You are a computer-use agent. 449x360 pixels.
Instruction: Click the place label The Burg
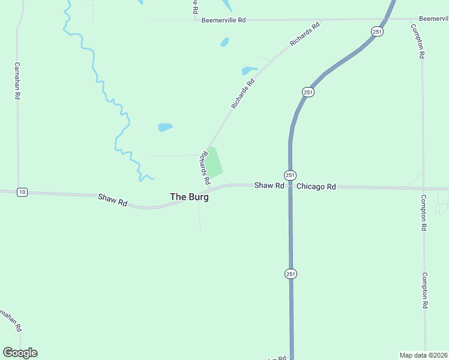[189, 197]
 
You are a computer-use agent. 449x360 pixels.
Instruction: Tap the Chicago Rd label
[316, 187]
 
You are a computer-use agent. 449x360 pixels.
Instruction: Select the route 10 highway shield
[22, 192]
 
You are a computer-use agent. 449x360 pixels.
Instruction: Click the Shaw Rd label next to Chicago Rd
[268, 186]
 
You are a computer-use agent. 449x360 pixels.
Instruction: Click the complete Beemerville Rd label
[223, 20]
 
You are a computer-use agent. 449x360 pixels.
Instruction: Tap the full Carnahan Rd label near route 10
[17, 81]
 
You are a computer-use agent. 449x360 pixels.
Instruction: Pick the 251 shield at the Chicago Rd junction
[290, 175]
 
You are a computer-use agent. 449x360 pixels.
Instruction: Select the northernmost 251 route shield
[376, 32]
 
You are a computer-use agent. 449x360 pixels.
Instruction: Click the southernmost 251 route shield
[290, 274]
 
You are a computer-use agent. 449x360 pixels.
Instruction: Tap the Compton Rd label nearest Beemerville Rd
[418, 41]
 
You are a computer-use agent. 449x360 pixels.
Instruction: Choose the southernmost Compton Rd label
[424, 290]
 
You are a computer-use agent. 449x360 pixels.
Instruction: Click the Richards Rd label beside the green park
[205, 167]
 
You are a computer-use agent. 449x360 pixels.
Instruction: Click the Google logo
[20, 353]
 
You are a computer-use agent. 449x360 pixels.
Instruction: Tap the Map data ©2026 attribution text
[424, 355]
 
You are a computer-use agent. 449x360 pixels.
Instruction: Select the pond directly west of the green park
[164, 127]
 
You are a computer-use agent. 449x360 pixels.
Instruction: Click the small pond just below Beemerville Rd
[224, 42]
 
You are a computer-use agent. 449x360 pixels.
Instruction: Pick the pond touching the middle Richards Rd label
[249, 71]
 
